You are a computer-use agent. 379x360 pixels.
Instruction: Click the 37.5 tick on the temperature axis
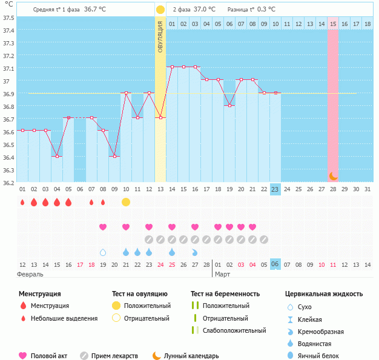(x=9, y=18)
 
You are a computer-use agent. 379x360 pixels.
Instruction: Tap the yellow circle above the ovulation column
(x=160, y=10)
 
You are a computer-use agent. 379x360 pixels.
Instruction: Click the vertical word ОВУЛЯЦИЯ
(x=160, y=36)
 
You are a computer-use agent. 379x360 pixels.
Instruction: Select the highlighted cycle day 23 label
(x=275, y=189)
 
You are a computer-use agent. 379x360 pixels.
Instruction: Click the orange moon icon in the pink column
(x=333, y=175)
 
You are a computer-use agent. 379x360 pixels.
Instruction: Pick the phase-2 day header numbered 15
(x=333, y=24)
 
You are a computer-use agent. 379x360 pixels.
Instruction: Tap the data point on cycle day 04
(x=57, y=156)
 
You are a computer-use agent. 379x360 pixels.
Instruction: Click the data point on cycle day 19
(x=229, y=105)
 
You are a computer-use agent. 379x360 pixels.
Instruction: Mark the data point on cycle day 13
(x=160, y=117)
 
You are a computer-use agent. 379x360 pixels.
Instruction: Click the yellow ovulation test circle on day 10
(x=126, y=201)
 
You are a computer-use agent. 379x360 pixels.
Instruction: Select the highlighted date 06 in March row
(x=275, y=265)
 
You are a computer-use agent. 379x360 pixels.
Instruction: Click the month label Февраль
(x=31, y=274)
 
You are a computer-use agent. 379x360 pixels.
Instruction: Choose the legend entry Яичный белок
(x=321, y=356)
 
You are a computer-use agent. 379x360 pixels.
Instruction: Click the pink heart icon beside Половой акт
(x=23, y=356)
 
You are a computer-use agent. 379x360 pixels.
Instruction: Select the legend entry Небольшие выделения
(x=64, y=318)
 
